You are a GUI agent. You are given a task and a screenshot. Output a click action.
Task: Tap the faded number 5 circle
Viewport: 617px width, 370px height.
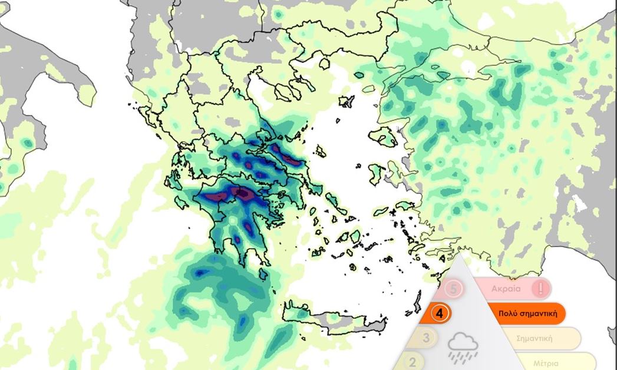[x=453, y=289]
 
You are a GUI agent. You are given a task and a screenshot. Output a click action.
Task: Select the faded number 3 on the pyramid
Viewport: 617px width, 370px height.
[x=428, y=338]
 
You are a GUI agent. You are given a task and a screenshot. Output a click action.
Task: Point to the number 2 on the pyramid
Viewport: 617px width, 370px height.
[x=413, y=362]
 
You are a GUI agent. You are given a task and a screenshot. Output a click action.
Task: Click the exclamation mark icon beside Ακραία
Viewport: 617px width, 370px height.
[x=540, y=289]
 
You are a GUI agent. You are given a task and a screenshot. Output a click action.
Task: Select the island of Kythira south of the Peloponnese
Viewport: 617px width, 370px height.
[x=262, y=275]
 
